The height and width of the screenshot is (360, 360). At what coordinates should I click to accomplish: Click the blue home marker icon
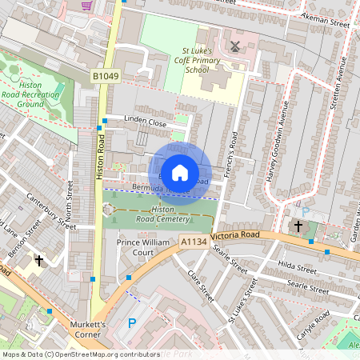tap(180, 173)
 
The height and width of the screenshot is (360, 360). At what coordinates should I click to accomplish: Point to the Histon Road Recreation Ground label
tap(42, 94)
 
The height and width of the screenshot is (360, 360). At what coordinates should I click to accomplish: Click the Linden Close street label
tap(146, 123)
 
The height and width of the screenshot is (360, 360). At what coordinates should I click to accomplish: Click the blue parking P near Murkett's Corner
tap(133, 324)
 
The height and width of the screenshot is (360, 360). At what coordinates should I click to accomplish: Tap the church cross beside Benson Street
tap(39, 261)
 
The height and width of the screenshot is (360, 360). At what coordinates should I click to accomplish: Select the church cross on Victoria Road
tap(298, 226)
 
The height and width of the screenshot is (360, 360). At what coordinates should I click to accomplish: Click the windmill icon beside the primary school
tap(234, 46)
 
